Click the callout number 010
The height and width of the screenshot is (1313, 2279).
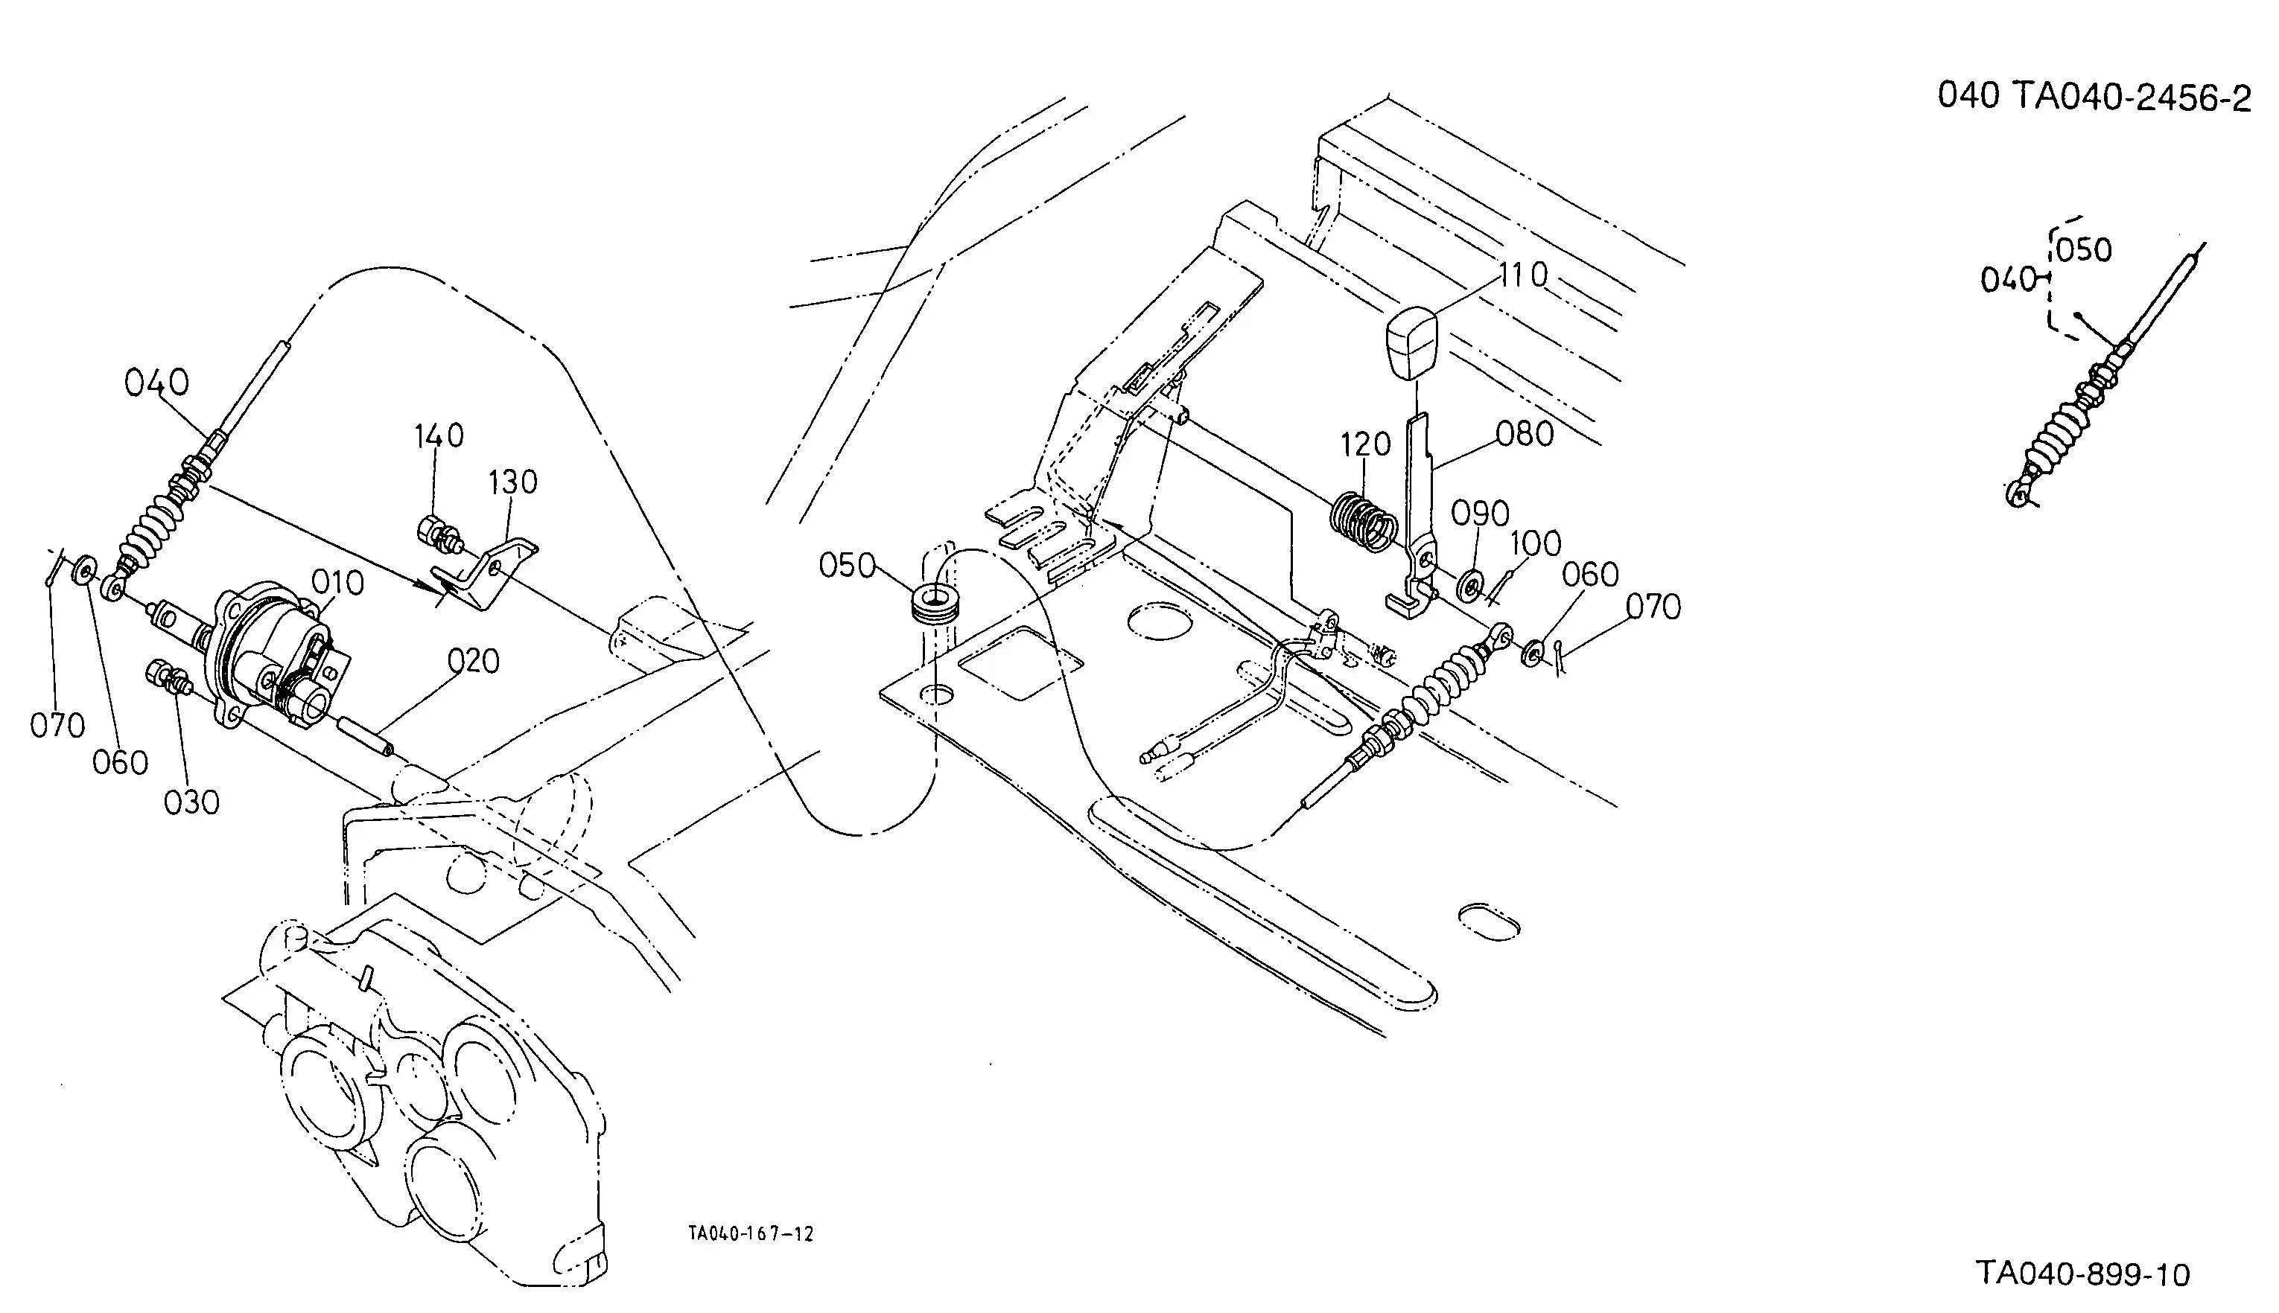click(x=337, y=584)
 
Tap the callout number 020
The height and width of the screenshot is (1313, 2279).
click(x=474, y=661)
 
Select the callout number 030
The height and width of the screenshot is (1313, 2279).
click(x=191, y=802)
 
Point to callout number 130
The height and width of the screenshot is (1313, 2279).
click(x=512, y=482)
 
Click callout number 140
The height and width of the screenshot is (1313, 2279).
click(x=439, y=435)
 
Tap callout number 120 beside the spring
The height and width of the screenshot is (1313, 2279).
click(x=1365, y=444)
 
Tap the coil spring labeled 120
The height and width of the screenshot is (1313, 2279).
click(x=1364, y=522)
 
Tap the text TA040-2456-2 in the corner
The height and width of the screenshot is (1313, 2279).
click(x=2131, y=98)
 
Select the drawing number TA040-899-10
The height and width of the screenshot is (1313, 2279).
click(x=2083, y=1274)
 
